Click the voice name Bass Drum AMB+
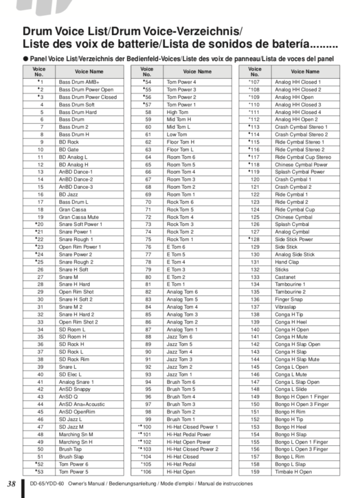(79, 82)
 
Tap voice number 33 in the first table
(40, 322)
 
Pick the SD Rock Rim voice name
(74, 359)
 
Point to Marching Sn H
(75, 441)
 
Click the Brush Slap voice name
(71, 457)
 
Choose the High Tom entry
(177, 112)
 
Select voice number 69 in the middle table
(148, 195)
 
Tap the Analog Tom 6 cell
(182, 292)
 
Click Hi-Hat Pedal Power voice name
(189, 434)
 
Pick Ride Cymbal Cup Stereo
(303, 157)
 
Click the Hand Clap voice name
(287, 262)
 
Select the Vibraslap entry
(286, 307)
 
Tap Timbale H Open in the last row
(294, 472)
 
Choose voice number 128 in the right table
(255, 240)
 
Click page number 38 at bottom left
(11, 484)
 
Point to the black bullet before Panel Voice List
(25, 58)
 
